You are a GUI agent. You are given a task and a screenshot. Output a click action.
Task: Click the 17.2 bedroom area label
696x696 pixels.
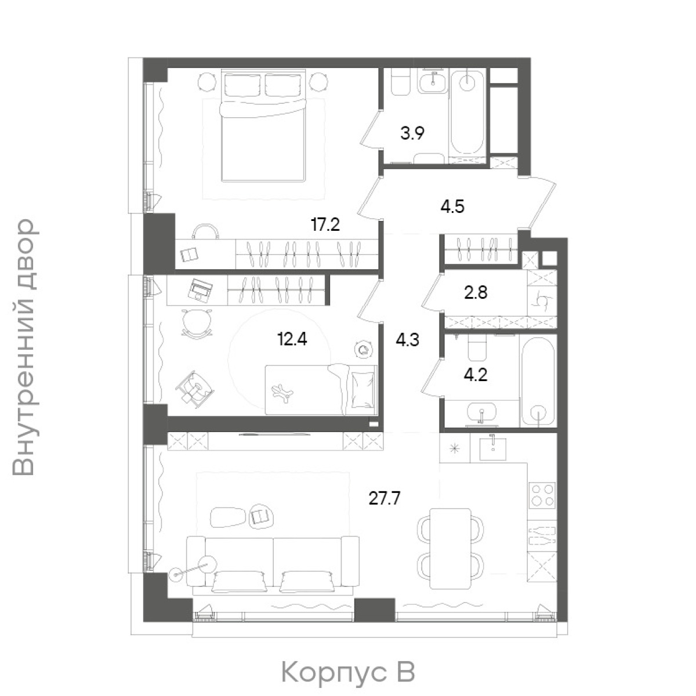coord(325,224)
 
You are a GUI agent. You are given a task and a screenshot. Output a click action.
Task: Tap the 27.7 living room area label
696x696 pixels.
coord(385,499)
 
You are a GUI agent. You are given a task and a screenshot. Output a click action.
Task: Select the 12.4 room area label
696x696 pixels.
coord(292,339)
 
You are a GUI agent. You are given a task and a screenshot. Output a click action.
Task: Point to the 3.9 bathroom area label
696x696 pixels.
coord(412,133)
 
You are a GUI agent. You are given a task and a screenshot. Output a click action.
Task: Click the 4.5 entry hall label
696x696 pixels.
coord(452,207)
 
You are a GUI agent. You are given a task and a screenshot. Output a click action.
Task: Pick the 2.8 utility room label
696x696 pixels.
coord(476,292)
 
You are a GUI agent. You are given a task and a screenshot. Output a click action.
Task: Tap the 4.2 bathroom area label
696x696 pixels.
coord(476,375)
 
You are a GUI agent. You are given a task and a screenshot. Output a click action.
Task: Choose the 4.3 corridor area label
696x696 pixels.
coord(407,340)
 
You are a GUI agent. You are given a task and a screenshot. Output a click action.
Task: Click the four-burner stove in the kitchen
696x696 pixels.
coord(542,495)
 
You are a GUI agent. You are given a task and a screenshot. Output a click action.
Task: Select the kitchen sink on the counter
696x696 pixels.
coord(492,448)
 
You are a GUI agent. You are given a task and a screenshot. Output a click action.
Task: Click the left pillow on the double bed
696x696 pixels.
coord(242,85)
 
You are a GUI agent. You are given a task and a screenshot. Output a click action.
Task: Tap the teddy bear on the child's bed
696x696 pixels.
coord(283,392)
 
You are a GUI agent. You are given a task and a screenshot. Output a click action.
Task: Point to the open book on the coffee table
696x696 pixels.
coord(260,517)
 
